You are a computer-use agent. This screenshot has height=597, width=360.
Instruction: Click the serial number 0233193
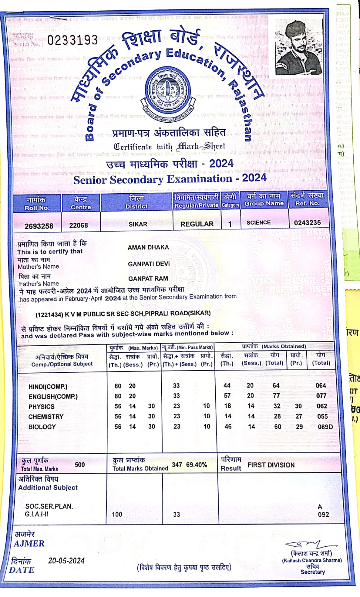72,40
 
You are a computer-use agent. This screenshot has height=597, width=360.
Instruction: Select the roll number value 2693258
39,226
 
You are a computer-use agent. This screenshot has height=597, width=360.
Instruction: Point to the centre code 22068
78,225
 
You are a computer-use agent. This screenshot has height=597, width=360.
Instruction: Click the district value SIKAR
138,224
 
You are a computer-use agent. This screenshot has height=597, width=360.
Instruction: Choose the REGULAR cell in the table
197,224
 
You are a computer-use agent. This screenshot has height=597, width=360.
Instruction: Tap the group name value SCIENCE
259,222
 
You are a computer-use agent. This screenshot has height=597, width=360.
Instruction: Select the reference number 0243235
307,223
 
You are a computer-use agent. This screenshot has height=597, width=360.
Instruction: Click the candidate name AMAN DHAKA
148,247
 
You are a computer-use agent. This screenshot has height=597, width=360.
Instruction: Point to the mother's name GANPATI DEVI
148,264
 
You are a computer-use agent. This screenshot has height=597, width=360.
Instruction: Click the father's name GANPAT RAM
148,279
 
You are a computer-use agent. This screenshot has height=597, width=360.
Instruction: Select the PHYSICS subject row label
41,407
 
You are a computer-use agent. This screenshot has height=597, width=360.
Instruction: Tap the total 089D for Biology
325,426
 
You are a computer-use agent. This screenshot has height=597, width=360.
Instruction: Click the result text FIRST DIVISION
271,465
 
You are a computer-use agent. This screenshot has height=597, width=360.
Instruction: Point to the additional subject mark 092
323,514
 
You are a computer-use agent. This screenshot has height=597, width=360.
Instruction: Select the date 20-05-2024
66,560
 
